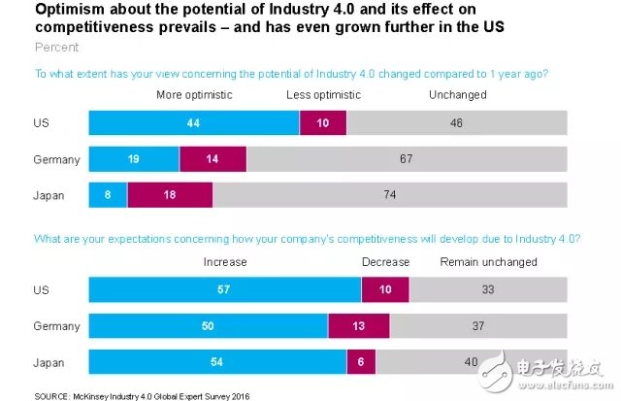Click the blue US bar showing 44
click(194, 123)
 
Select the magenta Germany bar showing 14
click(212, 158)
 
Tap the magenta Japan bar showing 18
click(170, 194)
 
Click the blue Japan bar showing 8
click(108, 194)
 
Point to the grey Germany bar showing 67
click(406, 158)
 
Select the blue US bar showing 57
click(224, 289)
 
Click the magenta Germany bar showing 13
click(358, 326)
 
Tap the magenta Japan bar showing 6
click(361, 362)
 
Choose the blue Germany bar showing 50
click(209, 326)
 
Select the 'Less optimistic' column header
click(323, 94)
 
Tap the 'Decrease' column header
click(385, 262)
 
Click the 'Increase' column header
click(224, 262)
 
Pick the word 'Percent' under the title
click(56, 47)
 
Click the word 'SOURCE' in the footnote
click(51, 394)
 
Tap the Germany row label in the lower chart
click(53, 326)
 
